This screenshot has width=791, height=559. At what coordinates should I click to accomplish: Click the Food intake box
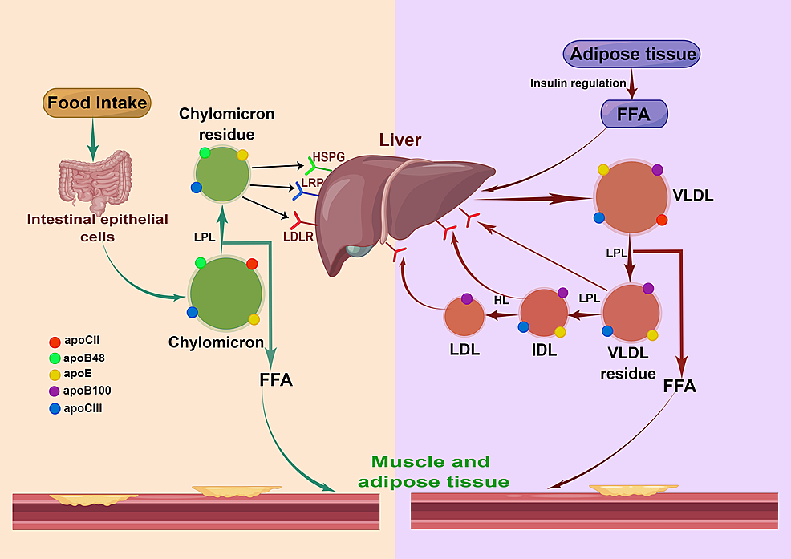97,103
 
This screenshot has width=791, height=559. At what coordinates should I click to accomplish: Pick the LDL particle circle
464,316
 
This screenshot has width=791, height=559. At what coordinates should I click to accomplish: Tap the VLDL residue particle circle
631,313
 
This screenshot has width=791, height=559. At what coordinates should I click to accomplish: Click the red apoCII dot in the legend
54,340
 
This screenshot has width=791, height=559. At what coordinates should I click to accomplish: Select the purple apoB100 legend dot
54,391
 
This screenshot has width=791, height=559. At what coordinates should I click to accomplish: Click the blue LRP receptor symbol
303,190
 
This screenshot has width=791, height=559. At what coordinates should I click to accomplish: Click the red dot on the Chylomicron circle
252,264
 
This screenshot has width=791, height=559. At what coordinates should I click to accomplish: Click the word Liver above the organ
400,140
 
